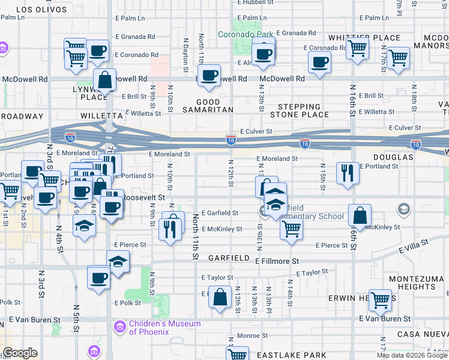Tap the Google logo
click(20, 353)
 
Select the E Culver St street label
click(256, 131)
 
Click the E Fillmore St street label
click(277, 262)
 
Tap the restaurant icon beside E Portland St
click(348, 173)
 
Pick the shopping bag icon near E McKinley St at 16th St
click(360, 215)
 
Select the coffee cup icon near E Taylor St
click(99, 278)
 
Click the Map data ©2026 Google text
click(412, 356)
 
